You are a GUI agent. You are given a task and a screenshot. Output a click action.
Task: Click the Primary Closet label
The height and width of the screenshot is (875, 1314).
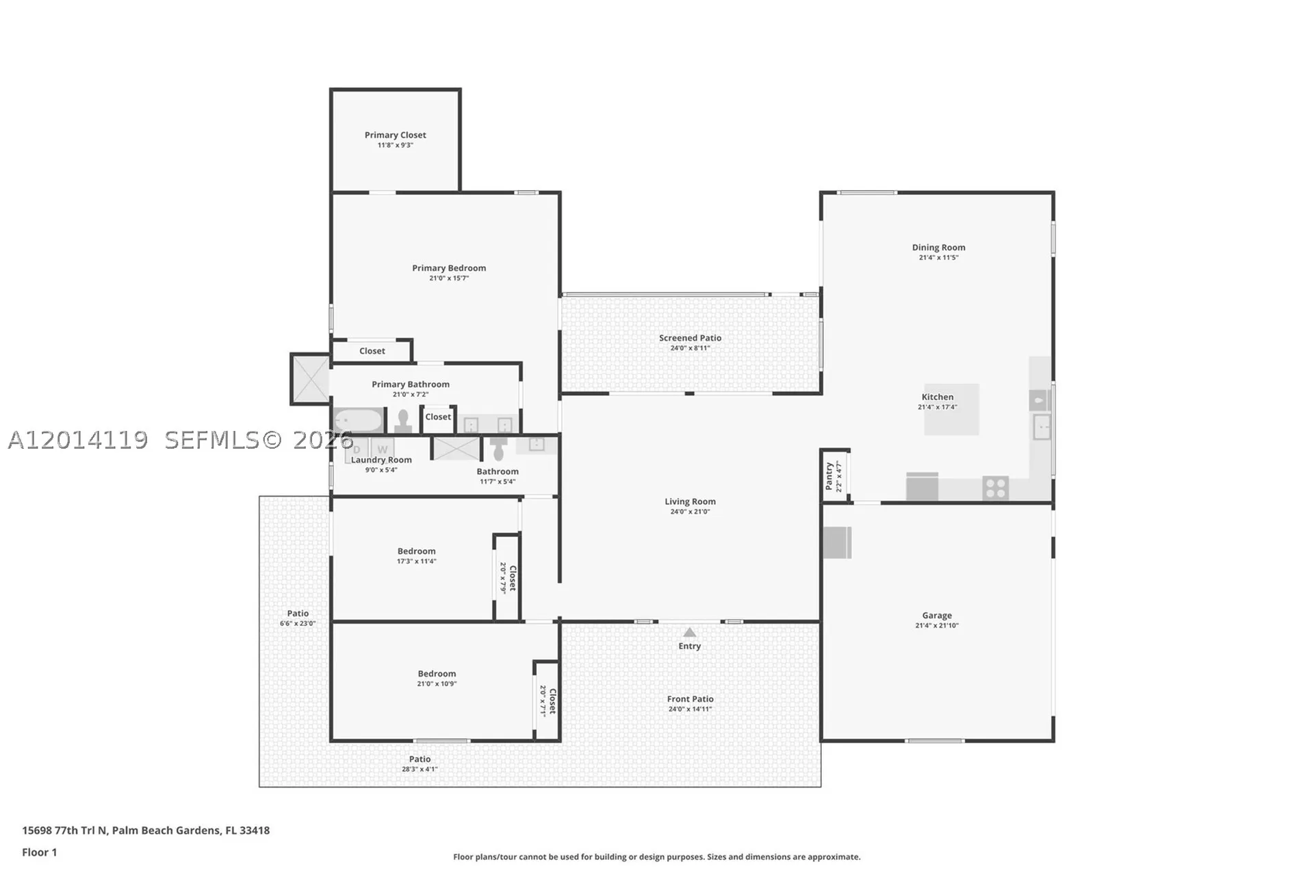(x=395, y=135)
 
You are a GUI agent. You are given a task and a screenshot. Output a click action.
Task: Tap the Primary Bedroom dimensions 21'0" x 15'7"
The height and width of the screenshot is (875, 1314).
(x=449, y=278)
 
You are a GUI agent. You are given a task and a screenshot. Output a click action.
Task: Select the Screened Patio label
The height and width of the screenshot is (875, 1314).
(x=690, y=338)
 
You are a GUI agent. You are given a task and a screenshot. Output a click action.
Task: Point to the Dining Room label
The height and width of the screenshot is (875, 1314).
(x=938, y=248)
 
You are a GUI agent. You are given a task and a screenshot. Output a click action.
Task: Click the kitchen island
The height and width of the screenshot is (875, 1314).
(x=951, y=409)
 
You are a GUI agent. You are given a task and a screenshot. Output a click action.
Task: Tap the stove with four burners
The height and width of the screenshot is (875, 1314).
(x=996, y=488)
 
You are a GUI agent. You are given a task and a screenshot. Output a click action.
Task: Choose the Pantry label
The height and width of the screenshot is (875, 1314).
(x=829, y=476)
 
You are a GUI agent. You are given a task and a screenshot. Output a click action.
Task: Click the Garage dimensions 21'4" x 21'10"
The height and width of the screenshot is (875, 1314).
(x=937, y=625)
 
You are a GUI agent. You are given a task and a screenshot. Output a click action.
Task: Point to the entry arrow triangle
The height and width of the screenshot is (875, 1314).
(x=690, y=632)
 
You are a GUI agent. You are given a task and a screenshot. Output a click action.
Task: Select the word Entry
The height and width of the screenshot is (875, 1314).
(x=690, y=646)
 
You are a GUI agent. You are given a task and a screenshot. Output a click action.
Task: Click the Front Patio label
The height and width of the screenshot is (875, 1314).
(x=690, y=699)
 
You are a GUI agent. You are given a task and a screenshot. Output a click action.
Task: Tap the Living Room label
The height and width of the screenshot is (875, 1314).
(x=690, y=501)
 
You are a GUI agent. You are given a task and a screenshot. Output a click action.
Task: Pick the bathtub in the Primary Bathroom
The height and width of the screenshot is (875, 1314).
(x=358, y=419)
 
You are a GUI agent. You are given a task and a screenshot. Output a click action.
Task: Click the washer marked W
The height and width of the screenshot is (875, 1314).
(x=383, y=449)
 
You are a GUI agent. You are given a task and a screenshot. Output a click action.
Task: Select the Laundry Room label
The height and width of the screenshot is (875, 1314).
(x=381, y=460)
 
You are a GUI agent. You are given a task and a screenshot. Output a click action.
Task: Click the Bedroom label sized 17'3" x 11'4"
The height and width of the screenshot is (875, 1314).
(x=416, y=551)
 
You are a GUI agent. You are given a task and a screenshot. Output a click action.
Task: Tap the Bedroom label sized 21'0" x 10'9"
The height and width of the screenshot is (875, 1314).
(x=437, y=674)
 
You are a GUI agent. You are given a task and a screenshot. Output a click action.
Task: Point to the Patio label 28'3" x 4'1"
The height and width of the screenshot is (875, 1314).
(x=420, y=759)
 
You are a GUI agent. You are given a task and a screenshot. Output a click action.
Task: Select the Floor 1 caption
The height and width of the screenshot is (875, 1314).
(x=40, y=852)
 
